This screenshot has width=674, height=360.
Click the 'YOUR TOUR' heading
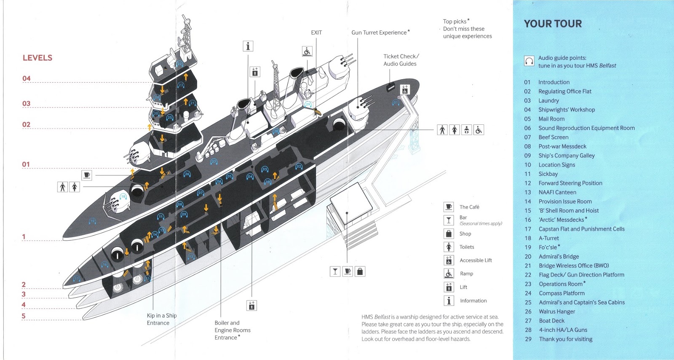coord(553,24)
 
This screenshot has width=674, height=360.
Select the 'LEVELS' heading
coord(37,58)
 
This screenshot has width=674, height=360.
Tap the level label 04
coord(27,78)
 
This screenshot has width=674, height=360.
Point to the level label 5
coord(24,316)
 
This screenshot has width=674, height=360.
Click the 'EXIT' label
coord(316,32)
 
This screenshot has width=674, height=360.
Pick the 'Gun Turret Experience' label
coord(380,32)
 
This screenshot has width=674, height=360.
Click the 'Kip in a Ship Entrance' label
coord(161,319)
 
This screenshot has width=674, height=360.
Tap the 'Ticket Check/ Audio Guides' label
coord(401,60)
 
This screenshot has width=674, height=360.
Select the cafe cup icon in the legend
coord(449,207)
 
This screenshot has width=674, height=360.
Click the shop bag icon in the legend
coord(449,234)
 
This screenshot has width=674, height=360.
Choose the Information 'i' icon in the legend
coord(449,301)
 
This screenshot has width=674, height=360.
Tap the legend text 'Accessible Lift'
coord(476,261)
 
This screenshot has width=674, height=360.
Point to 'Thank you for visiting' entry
coord(566,339)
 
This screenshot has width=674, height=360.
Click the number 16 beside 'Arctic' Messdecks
coord(528,220)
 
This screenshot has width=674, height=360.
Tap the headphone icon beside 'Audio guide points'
coord(529,61)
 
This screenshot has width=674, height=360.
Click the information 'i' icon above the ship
coord(248,46)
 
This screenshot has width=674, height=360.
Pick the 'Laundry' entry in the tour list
coord(548,101)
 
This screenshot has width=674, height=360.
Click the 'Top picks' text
coord(455,21)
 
